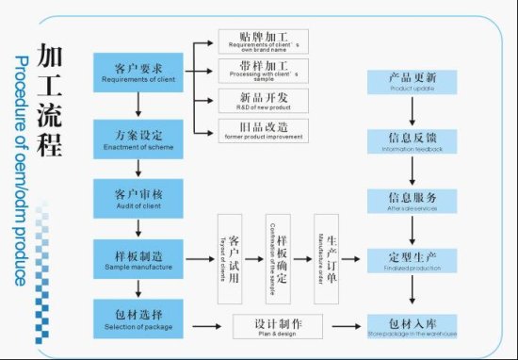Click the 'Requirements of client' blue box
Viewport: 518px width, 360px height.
[138, 73]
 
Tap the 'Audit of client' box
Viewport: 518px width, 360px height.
[138, 197]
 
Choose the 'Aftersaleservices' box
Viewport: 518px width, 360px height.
[412, 201]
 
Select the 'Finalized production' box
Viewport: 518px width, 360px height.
[412, 260]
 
